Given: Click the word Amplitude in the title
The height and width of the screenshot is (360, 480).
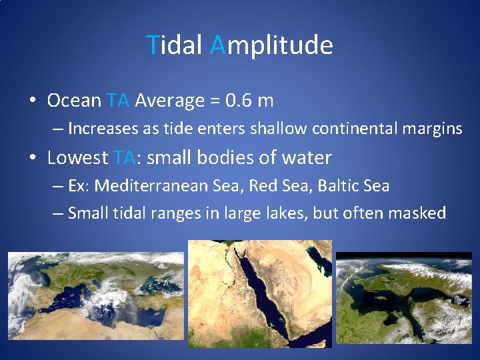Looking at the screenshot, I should click(x=271, y=45).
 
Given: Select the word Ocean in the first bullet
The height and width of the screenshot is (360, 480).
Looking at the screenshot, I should click(x=74, y=101).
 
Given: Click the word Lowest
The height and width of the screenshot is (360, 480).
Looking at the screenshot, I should click(x=77, y=158).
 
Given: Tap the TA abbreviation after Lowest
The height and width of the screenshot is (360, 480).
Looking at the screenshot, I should click(x=125, y=158).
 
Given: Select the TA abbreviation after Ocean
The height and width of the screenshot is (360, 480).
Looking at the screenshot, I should click(x=118, y=101).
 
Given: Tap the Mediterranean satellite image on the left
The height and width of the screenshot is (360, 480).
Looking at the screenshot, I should click(x=96, y=297).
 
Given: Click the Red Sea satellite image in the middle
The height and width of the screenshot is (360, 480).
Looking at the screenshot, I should click(x=259, y=293).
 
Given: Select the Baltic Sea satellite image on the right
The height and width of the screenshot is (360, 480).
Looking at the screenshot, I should click(x=403, y=297).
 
